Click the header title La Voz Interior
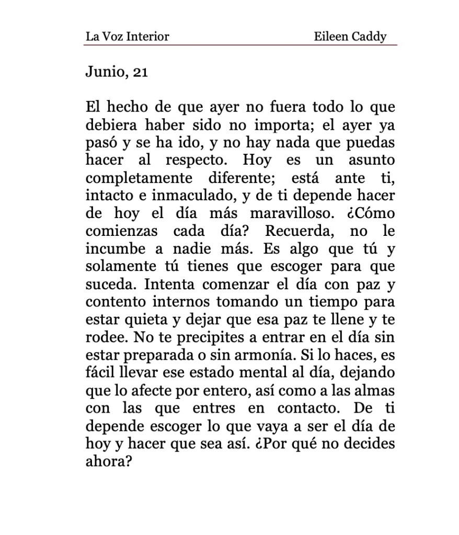[x=128, y=37]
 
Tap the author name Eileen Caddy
[x=350, y=37]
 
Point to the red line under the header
[x=240, y=45]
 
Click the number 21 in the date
[x=140, y=72]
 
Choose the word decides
[x=366, y=444]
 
